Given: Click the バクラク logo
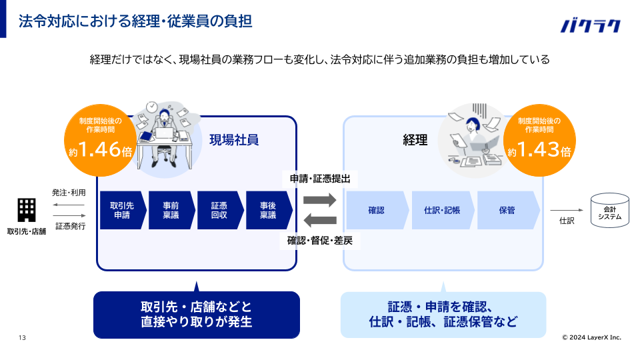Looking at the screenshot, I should (590, 25).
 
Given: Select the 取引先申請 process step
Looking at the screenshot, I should (121, 210).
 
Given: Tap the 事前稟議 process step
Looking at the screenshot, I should (170, 210).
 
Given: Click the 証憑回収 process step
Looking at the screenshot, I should (219, 210).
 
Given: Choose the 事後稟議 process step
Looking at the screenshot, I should (268, 210).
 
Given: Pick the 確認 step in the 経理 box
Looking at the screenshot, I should (376, 210).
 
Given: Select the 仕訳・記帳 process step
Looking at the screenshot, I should (442, 210).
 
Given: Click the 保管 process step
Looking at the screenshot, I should (507, 210).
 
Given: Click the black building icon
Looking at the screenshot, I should (27, 209).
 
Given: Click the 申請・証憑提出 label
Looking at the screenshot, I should (320, 179).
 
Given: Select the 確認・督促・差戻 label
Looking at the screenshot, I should (320, 241).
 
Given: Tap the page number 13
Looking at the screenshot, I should (22, 337).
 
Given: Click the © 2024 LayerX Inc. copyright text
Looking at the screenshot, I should (591, 337).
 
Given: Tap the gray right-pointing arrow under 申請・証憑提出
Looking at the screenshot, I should (319, 199).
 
